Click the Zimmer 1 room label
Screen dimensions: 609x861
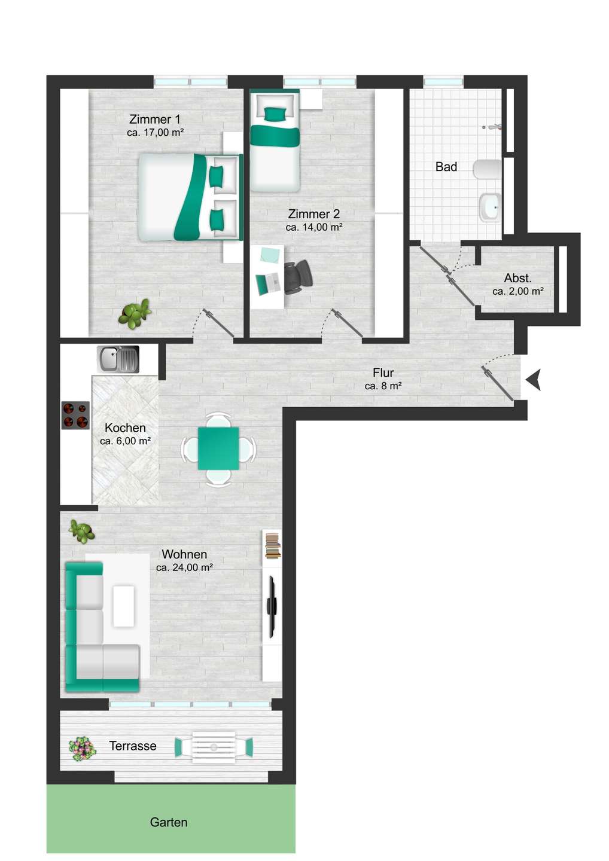pyautogui.click(x=154, y=119)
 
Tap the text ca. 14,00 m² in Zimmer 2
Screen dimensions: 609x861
pyautogui.click(x=313, y=227)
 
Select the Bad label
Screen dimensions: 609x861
pyautogui.click(x=446, y=167)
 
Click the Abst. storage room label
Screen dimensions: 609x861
pyautogui.click(x=517, y=278)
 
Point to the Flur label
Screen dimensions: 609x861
pyautogui.click(x=383, y=373)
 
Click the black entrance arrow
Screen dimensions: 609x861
pyautogui.click(x=533, y=379)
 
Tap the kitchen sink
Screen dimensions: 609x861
pyautogui.click(x=118, y=359)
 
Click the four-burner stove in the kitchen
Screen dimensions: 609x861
pyautogui.click(x=75, y=415)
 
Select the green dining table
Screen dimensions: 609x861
pyautogui.click(x=218, y=448)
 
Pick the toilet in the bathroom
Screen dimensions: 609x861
pyautogui.click(x=487, y=170)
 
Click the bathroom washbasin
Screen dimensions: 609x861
pyautogui.click(x=490, y=207)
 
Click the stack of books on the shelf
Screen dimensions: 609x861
pyautogui.click(x=272, y=546)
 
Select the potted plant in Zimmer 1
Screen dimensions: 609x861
pyautogui.click(x=134, y=314)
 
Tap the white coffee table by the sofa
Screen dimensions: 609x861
pyautogui.click(x=123, y=606)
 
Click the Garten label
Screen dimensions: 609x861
pyautogui.click(x=169, y=822)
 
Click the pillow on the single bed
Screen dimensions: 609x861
pyautogui.click(x=275, y=114)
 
